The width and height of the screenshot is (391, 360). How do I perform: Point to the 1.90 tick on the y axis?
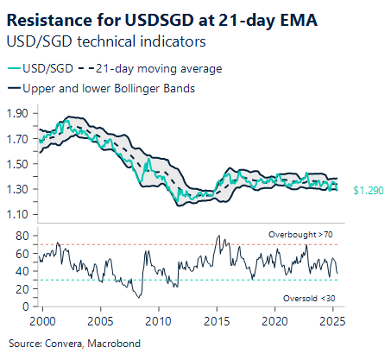pos(19,113)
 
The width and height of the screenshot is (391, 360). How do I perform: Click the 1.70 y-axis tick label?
pos(19,138)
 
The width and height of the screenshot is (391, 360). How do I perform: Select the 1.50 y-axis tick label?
pos(19,164)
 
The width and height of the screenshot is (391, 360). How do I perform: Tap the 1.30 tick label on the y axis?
pos(19,189)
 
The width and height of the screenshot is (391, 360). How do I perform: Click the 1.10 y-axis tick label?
pos(19,214)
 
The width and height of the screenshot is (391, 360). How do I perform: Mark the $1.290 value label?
pos(367,189)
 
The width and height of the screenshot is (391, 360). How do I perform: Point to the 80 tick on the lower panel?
pos(23,236)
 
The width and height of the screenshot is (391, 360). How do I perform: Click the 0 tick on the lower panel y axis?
pos(26,306)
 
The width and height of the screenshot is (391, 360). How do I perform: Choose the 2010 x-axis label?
pos(158,321)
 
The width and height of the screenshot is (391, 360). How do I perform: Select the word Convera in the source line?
pos(67,343)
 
